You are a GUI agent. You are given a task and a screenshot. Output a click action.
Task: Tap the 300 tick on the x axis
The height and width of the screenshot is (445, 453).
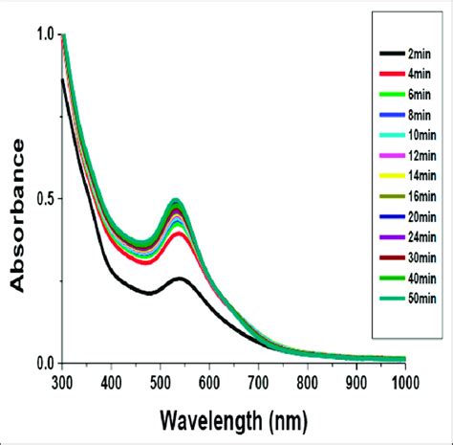62,380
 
